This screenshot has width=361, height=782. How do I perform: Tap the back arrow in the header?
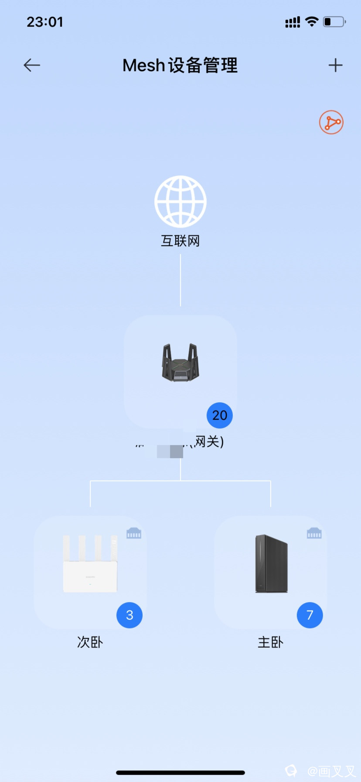point(32,65)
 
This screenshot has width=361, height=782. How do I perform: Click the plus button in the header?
point(335,65)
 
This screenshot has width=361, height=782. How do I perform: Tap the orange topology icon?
point(331,122)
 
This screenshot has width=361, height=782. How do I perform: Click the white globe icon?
point(180,201)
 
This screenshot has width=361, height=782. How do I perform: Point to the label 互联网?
point(180,241)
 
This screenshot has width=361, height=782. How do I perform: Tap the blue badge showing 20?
point(220,415)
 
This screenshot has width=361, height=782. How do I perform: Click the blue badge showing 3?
point(129,615)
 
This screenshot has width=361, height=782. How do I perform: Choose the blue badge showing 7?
point(310,615)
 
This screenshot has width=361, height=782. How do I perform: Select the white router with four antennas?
point(90,564)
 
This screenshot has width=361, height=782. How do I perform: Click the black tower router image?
point(271,564)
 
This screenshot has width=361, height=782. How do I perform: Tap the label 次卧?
point(90,642)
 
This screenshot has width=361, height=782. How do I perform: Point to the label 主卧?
point(271,642)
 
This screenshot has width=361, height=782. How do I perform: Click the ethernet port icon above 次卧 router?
point(134,533)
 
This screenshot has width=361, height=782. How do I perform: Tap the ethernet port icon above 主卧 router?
point(314,533)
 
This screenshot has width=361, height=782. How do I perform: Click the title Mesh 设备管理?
point(180,65)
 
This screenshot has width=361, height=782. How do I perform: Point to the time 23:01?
point(45,22)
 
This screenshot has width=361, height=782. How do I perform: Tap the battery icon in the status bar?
point(334,21)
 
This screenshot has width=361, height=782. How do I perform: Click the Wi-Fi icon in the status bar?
point(312,21)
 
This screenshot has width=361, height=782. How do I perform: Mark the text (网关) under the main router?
point(207,442)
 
